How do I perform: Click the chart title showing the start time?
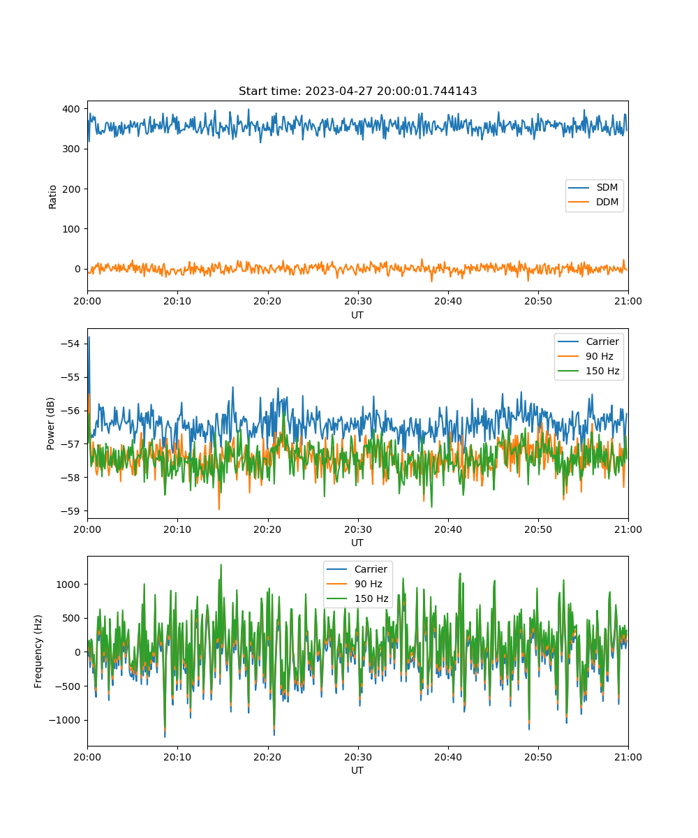pyautogui.click(x=357, y=91)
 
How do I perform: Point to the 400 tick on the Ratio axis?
pyautogui.click(x=71, y=109)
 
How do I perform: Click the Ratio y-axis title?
pyautogui.click(x=52, y=197)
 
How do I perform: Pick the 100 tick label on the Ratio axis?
pyautogui.click(x=71, y=229)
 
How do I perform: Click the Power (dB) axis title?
pyautogui.click(x=50, y=423)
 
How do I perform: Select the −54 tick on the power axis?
pyautogui.click(x=70, y=344)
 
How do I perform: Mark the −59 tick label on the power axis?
pyautogui.click(x=70, y=511)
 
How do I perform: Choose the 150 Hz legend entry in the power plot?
pyautogui.click(x=588, y=371)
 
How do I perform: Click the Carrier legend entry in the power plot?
pyautogui.click(x=588, y=341)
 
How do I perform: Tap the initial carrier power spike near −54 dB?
pyautogui.click(x=89, y=338)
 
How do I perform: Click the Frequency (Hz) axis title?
pyautogui.click(x=38, y=651)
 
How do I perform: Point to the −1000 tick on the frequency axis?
pyautogui.click(x=64, y=720)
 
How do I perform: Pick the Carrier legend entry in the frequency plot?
pyautogui.click(x=357, y=569)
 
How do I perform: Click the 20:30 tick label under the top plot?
pyautogui.click(x=358, y=301)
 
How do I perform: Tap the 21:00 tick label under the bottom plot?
pyautogui.click(x=628, y=757)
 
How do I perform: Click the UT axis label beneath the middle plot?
pyautogui.click(x=357, y=543)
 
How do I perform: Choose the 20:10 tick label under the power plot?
pyautogui.click(x=177, y=529)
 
